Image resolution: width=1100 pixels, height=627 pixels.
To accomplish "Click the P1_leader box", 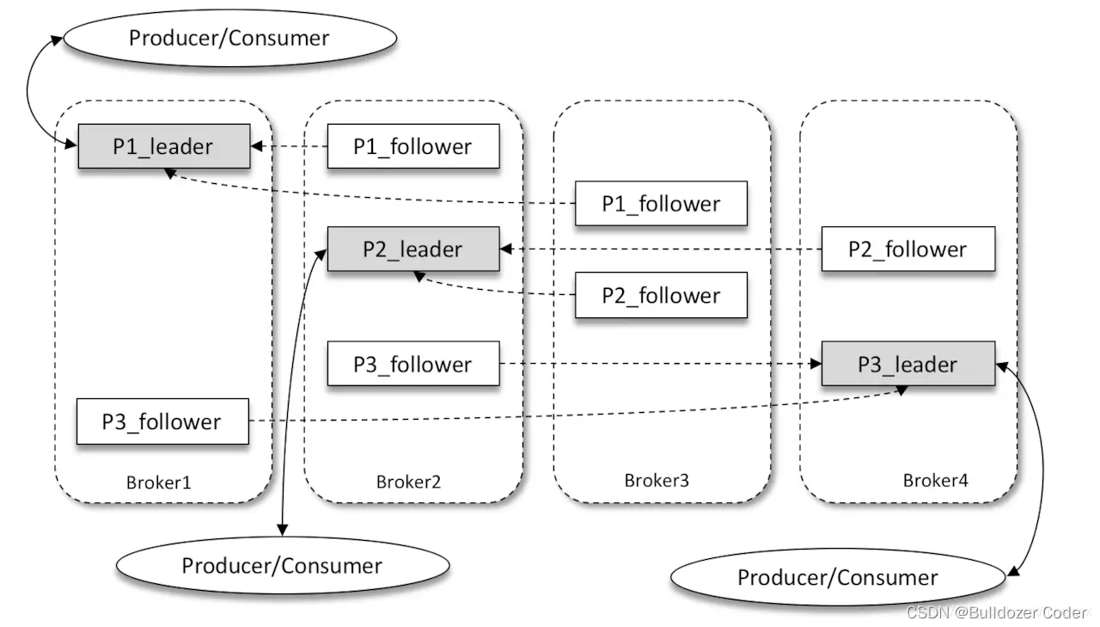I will (x=163, y=146).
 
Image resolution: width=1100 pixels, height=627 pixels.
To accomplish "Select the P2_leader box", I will (x=412, y=249).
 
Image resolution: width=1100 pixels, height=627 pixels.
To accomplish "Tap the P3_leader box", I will (x=907, y=364).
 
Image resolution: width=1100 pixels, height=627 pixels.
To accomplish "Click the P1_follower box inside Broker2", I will (x=412, y=146).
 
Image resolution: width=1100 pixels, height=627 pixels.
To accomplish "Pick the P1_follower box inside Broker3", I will (x=660, y=204).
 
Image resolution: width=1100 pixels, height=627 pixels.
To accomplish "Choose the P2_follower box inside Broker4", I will (x=907, y=249).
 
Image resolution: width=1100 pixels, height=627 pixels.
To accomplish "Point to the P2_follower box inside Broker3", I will (x=660, y=296).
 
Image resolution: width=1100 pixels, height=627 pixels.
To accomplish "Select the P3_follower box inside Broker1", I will (x=162, y=421).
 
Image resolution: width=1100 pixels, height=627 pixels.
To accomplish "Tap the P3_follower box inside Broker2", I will (x=412, y=364).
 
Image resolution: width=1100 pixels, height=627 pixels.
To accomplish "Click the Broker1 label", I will (x=159, y=482).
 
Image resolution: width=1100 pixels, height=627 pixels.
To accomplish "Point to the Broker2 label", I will (x=408, y=482).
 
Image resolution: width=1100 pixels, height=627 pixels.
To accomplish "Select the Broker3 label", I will (x=657, y=480).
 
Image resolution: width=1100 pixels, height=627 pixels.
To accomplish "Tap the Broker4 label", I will (x=935, y=480).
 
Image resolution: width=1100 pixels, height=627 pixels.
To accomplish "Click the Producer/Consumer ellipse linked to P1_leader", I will (x=229, y=38).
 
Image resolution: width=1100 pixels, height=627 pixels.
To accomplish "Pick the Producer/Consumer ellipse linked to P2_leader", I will (x=282, y=565).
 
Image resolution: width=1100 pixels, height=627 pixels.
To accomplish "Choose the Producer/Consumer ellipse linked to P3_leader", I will (x=837, y=577).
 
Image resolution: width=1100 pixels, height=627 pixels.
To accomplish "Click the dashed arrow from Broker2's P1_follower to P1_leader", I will (x=289, y=146).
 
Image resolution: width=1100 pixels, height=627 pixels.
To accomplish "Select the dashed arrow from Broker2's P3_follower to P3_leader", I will (x=660, y=364).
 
